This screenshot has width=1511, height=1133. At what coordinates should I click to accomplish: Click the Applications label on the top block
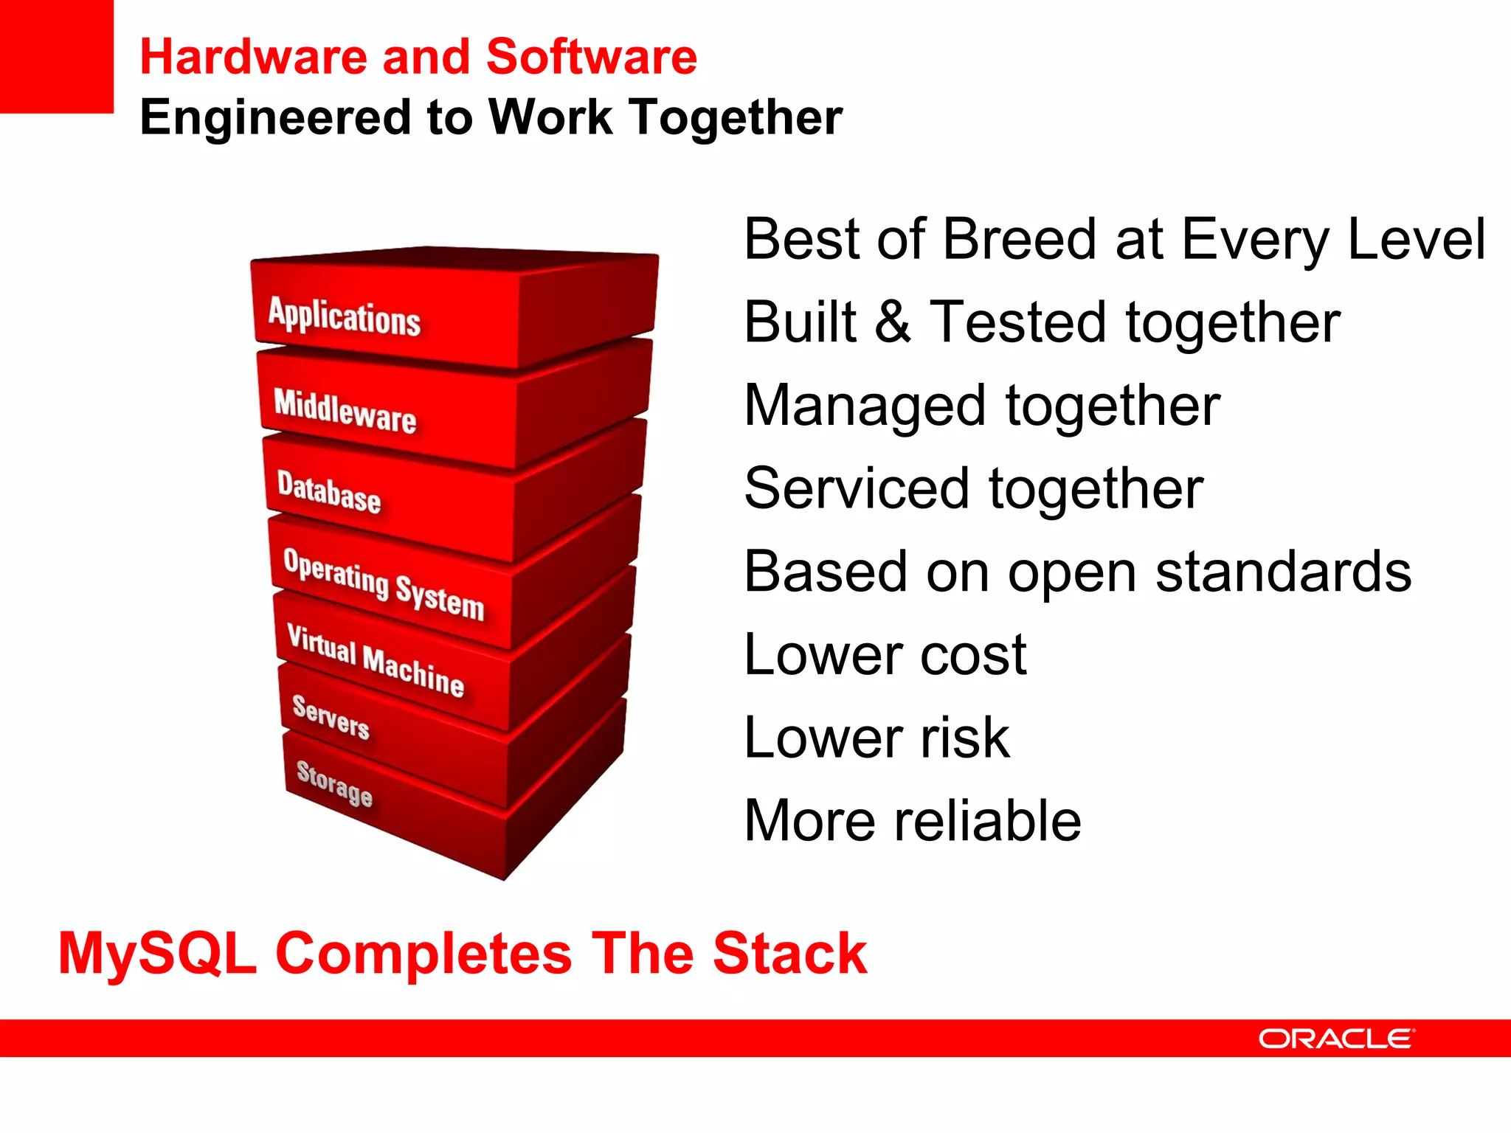coord(344,317)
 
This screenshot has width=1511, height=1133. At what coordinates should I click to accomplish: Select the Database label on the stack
coord(329,491)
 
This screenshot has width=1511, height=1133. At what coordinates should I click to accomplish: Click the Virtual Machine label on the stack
coord(376,661)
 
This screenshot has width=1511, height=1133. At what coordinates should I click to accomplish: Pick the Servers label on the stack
coord(331,717)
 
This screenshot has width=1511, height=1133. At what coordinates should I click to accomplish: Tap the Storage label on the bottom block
coord(334,783)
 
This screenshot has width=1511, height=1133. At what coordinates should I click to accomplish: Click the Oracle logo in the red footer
coord(1336,1039)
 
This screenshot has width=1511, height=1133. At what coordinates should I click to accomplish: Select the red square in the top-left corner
coord(56,56)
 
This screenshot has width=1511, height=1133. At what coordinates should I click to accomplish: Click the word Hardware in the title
coord(253,58)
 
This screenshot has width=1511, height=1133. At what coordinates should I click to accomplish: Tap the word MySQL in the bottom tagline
coord(157,954)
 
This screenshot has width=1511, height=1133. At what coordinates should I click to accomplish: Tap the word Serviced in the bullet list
coord(856,489)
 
